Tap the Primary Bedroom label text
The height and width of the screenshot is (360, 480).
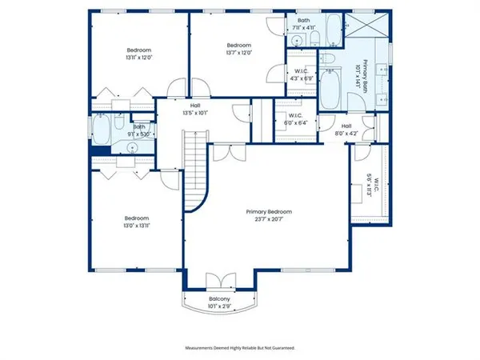coord(268,212)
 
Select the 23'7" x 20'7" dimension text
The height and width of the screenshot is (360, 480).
coord(268,219)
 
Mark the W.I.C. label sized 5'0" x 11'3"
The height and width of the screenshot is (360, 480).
coord(370,186)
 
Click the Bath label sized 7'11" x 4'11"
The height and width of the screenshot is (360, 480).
coord(303,24)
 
